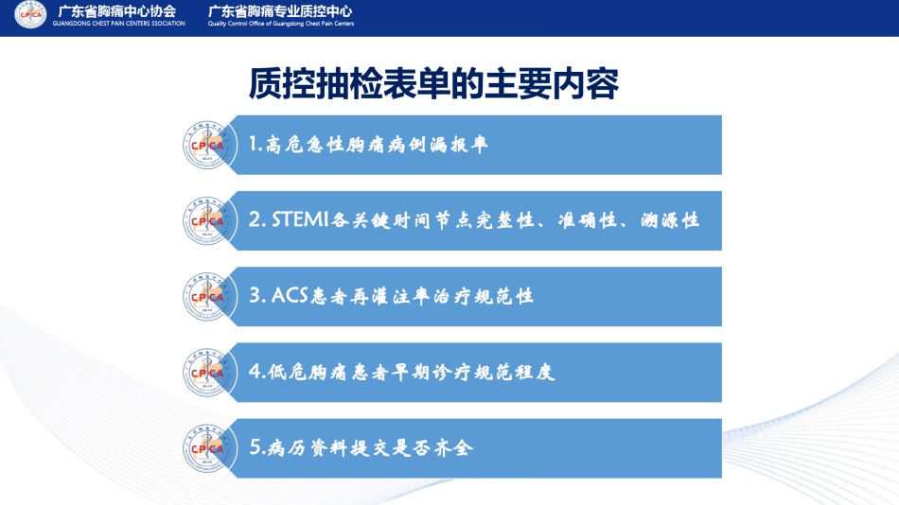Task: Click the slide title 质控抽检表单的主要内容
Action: click(x=433, y=83)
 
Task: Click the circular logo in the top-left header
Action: click(x=30, y=14)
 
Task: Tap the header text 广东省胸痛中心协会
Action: click(x=117, y=11)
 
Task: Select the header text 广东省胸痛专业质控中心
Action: click(x=280, y=11)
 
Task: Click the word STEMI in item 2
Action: click(x=300, y=219)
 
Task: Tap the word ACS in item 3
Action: click(x=290, y=295)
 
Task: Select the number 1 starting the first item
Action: click(x=253, y=144)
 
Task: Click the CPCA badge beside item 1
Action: click(x=209, y=145)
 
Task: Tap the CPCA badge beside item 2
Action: click(x=209, y=220)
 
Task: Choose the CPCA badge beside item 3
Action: click(x=209, y=296)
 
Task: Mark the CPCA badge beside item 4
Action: click(x=209, y=372)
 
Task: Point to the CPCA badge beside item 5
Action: click(x=209, y=447)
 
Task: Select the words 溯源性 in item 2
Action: click(x=670, y=220)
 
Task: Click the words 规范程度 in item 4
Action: click(x=514, y=372)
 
